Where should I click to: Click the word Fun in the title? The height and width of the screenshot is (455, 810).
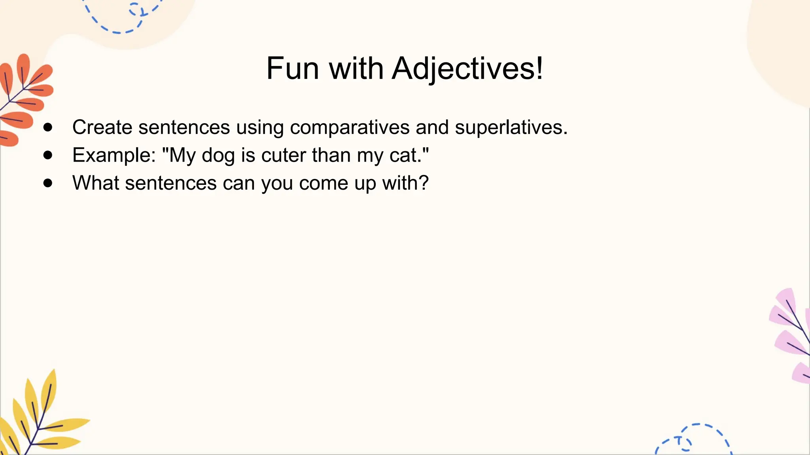point(293,68)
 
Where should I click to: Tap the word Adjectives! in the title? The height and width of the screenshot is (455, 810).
point(467,68)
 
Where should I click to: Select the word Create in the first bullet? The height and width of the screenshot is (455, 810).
point(102,127)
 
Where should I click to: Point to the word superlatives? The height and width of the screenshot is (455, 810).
point(511,127)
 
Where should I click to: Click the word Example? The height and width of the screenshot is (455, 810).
point(114,155)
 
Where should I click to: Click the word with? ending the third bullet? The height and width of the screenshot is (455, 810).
point(405,183)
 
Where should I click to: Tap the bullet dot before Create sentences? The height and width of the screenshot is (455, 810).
point(48,127)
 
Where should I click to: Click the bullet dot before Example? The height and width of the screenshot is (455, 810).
point(48,155)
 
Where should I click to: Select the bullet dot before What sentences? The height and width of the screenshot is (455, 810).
point(48,183)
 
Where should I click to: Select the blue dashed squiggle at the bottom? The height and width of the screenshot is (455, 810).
point(696,438)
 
